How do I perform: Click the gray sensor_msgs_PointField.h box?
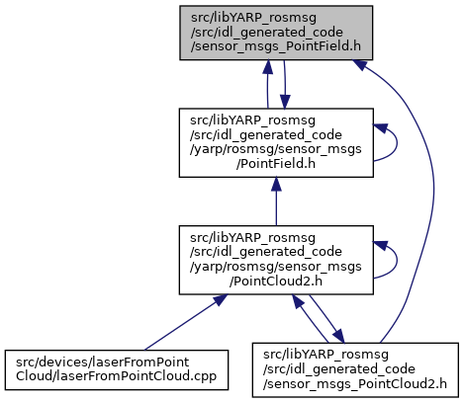276,33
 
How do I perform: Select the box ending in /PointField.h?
276,143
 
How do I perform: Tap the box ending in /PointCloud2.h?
276,260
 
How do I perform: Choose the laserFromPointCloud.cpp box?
117,370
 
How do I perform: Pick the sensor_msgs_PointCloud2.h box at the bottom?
355,370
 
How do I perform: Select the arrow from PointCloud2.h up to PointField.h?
276,201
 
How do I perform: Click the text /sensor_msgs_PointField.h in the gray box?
276,46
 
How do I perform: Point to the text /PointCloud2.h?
276,282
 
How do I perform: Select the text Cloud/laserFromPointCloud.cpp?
116,376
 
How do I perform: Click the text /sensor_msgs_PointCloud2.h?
355,383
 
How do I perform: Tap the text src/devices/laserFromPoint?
102,363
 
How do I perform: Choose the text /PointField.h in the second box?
276,164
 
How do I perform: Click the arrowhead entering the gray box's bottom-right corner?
359,64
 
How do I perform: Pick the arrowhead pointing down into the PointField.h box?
285,102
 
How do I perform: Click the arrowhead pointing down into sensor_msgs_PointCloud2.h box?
339,337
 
